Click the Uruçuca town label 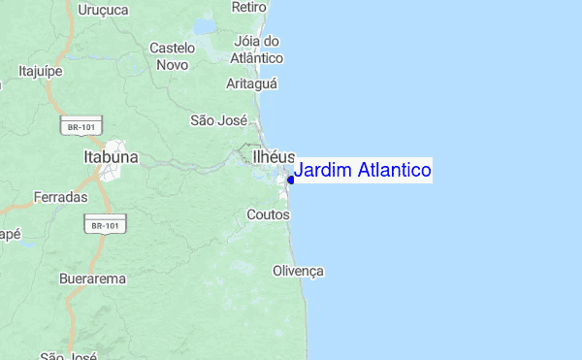click(102, 10)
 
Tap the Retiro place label click(249, 7)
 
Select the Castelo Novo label click(173, 55)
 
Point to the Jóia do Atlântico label click(257, 49)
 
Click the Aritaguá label click(252, 84)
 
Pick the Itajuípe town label click(41, 70)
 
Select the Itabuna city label click(112, 156)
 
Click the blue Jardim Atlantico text click(363, 171)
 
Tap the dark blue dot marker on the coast click(291, 179)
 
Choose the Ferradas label click(61, 197)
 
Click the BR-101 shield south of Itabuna click(104, 225)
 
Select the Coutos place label click(268, 213)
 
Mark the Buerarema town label click(92, 278)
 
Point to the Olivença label click(298, 270)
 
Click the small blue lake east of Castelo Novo click(206, 26)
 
